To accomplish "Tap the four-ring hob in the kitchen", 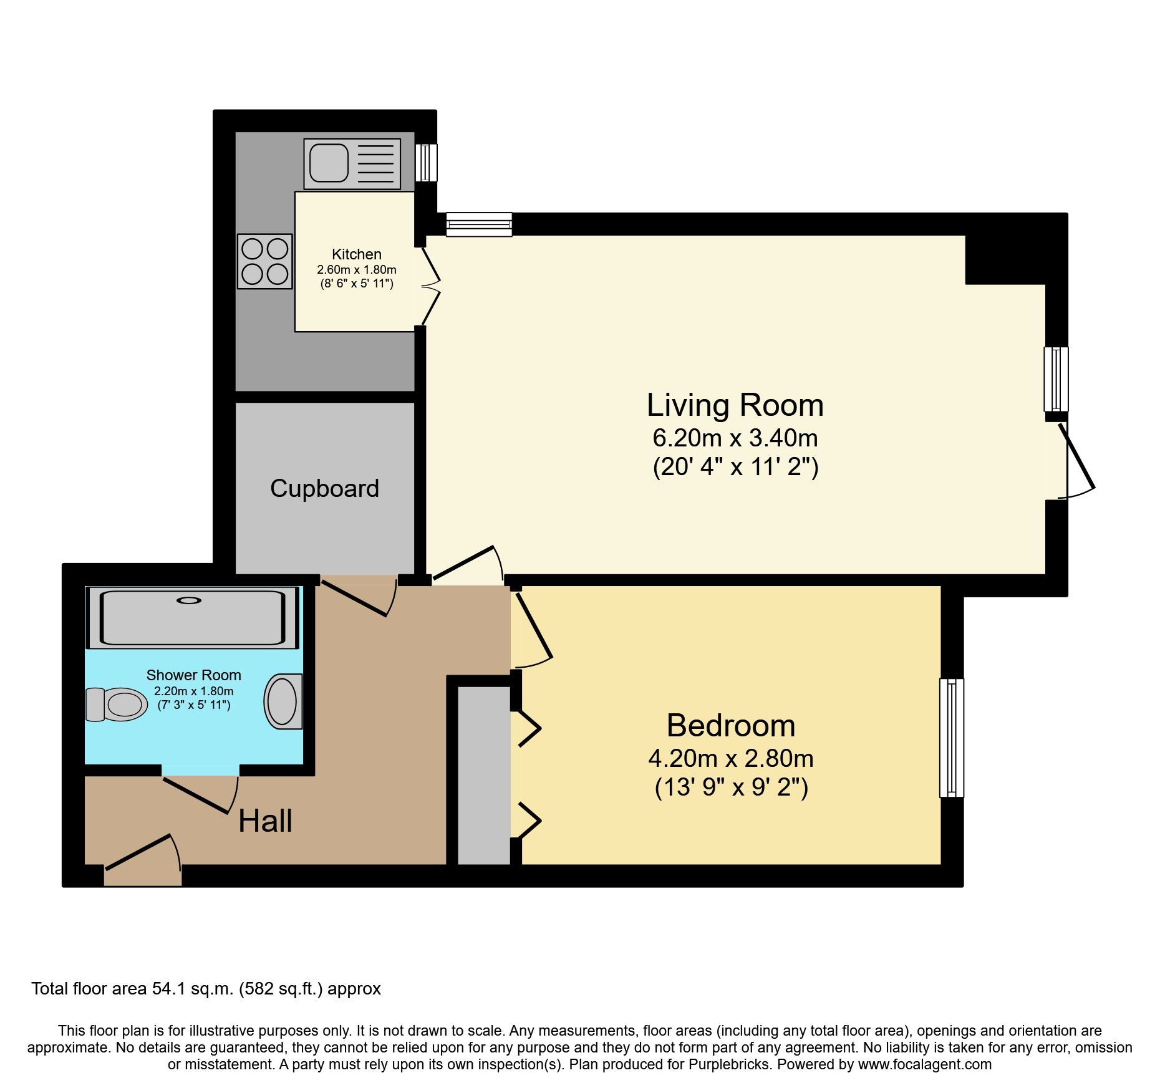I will pyautogui.click(x=264, y=261).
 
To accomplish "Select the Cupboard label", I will pyautogui.click(x=324, y=488).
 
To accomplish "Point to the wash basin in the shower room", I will pyautogui.click(x=283, y=701).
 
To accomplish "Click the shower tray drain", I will pyautogui.click(x=189, y=600).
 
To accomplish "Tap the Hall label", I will pyautogui.click(x=265, y=821).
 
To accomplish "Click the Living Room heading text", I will pyautogui.click(x=735, y=405).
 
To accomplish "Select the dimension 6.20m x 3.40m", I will pyautogui.click(x=735, y=438).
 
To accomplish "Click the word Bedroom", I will pyautogui.click(x=731, y=726).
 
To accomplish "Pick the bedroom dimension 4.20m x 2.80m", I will pyautogui.click(x=731, y=759).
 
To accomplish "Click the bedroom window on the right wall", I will pyautogui.click(x=951, y=738).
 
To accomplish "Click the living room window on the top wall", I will pyautogui.click(x=479, y=224).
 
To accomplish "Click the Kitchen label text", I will pyautogui.click(x=357, y=254).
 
